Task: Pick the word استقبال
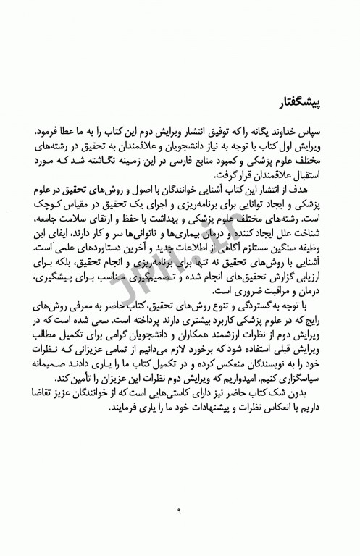[305, 180]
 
